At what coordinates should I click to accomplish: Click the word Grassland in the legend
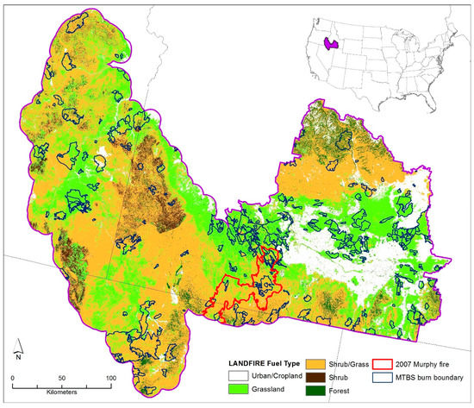(269, 392)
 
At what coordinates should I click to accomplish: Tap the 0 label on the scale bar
(13, 378)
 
